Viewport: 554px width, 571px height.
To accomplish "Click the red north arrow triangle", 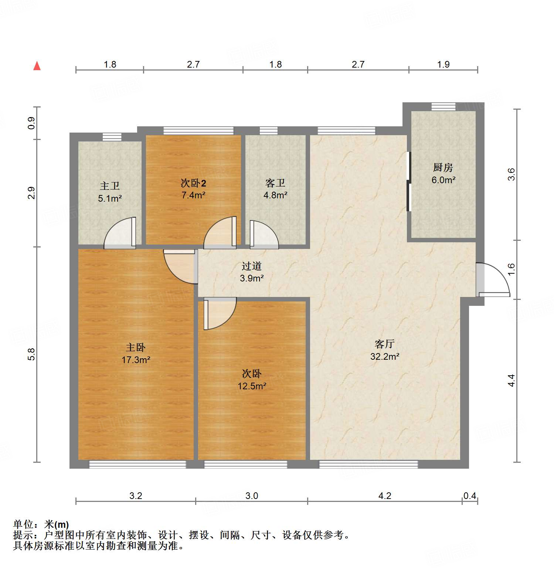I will pyautogui.click(x=37, y=66).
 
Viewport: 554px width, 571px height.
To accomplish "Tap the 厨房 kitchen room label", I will pyautogui.click(x=443, y=168).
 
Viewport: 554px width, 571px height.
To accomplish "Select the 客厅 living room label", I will pyautogui.click(x=384, y=344).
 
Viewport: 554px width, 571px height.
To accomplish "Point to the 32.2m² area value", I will pyautogui.click(x=384, y=356).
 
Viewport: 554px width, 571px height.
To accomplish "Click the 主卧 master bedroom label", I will pyautogui.click(x=136, y=348).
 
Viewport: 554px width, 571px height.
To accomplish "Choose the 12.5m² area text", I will pyautogui.click(x=252, y=386).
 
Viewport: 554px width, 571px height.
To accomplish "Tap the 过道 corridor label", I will pyautogui.click(x=252, y=266).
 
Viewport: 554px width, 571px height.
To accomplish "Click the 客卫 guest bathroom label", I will pyautogui.click(x=275, y=183).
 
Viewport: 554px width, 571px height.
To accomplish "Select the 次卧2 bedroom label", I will pyautogui.click(x=193, y=183).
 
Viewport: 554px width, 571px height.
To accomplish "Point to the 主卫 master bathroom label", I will pyautogui.click(x=109, y=186).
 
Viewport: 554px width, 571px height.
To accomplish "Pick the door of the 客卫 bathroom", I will pyautogui.click(x=263, y=235).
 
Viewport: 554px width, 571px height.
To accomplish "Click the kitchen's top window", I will pyautogui.click(x=443, y=106).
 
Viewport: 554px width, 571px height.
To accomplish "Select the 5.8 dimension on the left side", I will pyautogui.click(x=32, y=354).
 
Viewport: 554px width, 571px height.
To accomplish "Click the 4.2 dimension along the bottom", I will pyautogui.click(x=385, y=496).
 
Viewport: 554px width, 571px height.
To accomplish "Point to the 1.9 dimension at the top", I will pyautogui.click(x=443, y=65).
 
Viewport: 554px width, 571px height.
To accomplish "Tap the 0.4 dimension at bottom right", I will pyautogui.click(x=470, y=496).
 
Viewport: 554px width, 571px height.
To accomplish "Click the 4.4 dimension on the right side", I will pyautogui.click(x=511, y=380).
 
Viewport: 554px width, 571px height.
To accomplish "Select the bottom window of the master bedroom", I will pyautogui.click(x=137, y=464).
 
